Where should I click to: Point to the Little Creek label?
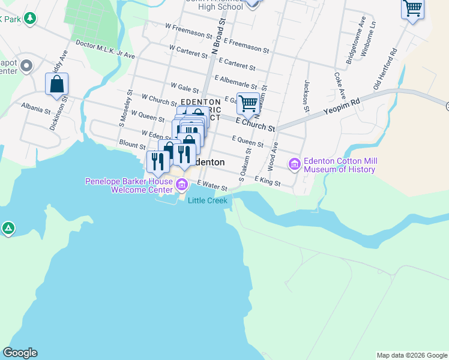[x=208, y=200]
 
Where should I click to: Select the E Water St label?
[x=212, y=186]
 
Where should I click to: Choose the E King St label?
[x=267, y=179]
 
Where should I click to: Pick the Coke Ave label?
[x=340, y=86]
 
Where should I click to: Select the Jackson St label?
[x=307, y=96]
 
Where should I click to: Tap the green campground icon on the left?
[x=8, y=229]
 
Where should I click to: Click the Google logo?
[x=20, y=353]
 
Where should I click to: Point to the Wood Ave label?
[x=272, y=155]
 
